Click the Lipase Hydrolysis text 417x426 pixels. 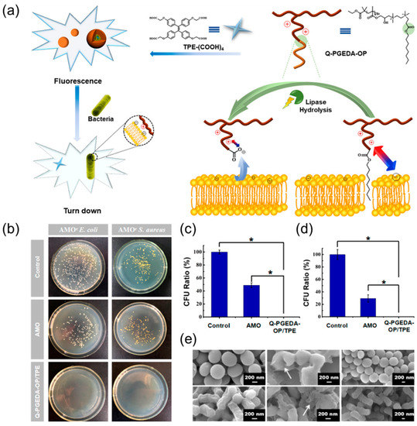pyautogui.click(x=285, y=109)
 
